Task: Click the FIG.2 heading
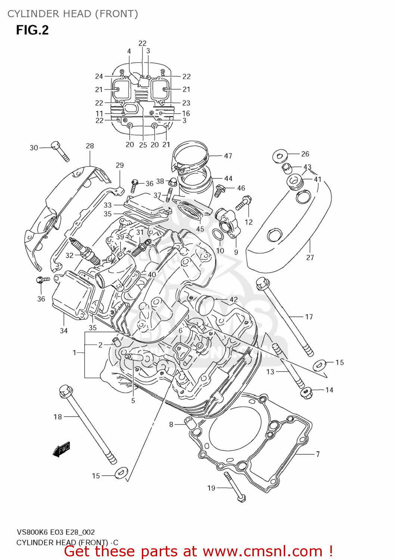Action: point(32,30)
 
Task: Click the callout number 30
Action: point(34,148)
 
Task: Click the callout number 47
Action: point(228,156)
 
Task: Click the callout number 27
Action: point(310,257)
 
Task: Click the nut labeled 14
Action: point(307,393)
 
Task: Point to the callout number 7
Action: point(318,454)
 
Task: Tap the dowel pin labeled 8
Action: point(190,423)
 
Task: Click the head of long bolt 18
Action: point(65,391)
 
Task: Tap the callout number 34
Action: point(64,330)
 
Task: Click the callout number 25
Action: point(143,145)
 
